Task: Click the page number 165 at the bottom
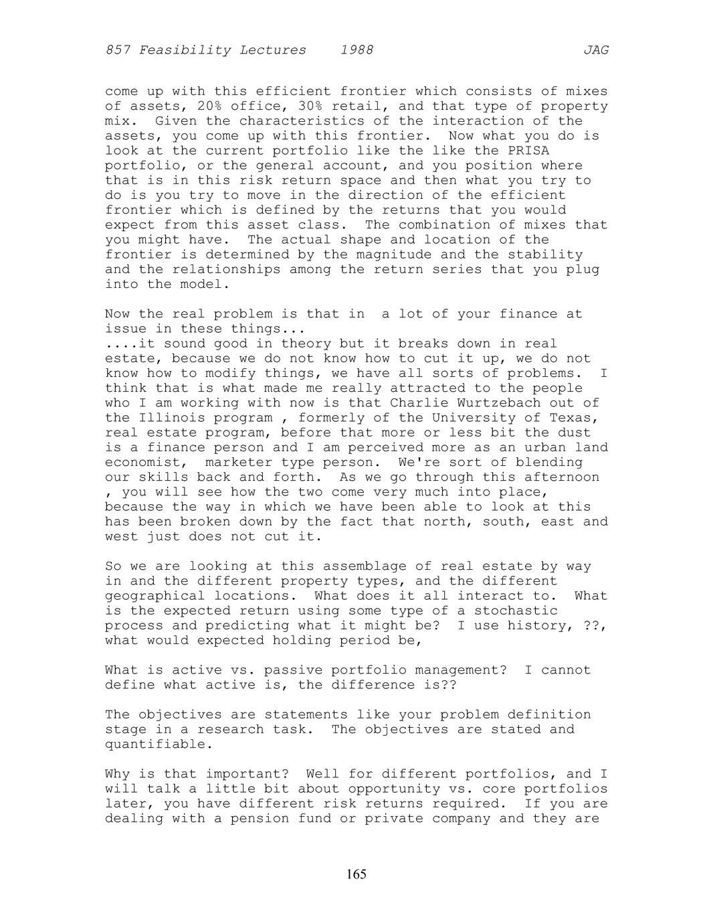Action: click(x=356, y=874)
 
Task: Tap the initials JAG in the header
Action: click(x=595, y=50)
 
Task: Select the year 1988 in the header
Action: click(x=356, y=50)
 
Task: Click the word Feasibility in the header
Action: click(x=181, y=50)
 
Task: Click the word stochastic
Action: click(x=516, y=611)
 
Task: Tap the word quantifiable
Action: click(x=159, y=745)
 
